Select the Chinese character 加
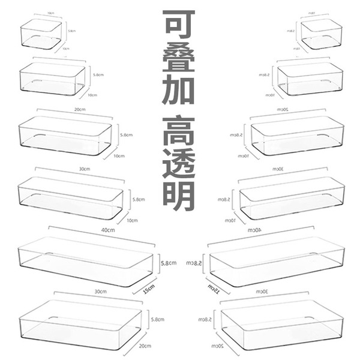tap(179, 98)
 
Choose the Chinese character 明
tap(179, 198)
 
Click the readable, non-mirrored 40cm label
tap(108, 230)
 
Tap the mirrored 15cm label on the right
tap(214, 289)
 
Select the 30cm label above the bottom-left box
tap(100, 292)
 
